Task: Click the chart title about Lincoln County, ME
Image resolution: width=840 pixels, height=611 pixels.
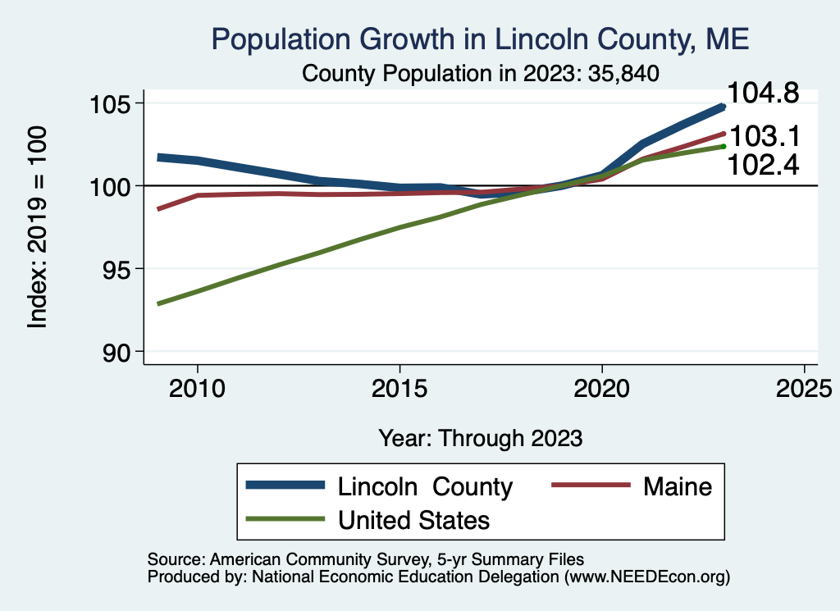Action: (x=480, y=39)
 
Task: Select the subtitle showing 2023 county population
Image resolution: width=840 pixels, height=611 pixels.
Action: (x=480, y=73)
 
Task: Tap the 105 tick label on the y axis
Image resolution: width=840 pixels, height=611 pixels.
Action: (x=110, y=104)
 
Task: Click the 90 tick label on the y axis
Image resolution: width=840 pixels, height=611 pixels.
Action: (x=116, y=353)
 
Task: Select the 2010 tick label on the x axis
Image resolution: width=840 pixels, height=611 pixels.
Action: (x=197, y=388)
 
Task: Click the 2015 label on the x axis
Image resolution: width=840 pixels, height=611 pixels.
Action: (x=399, y=388)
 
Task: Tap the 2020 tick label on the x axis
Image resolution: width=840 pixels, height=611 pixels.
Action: (x=601, y=388)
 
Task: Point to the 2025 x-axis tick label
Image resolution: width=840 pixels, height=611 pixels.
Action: (x=804, y=388)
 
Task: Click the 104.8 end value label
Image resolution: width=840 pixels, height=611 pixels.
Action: (x=763, y=93)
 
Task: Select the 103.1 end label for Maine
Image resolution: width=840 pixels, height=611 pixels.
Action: (x=765, y=136)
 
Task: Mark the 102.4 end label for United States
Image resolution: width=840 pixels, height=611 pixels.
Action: (x=763, y=164)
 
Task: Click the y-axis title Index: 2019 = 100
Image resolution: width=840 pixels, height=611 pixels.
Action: (x=38, y=227)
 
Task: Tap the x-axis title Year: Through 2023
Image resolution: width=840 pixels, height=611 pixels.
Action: (x=481, y=438)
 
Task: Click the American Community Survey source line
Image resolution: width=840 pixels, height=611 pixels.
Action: (x=365, y=559)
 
